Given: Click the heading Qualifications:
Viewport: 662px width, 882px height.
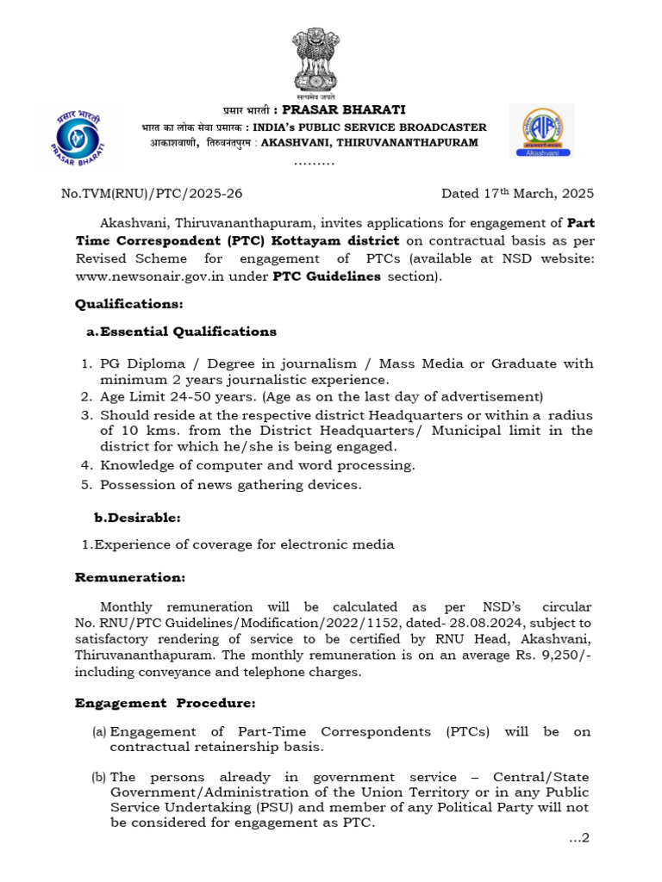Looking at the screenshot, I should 129,304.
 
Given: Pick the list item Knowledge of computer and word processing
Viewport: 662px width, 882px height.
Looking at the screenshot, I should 258,465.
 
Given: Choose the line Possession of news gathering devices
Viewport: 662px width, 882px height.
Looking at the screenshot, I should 231,484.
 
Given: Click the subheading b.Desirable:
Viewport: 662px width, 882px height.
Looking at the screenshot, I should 137,518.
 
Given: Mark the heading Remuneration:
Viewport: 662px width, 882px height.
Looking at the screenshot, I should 130,577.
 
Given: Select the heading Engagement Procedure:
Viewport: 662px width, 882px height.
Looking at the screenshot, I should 165,703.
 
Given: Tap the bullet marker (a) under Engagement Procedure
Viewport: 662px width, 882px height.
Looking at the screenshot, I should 99,731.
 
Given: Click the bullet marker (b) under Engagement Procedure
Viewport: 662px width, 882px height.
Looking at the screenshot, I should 99,778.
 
